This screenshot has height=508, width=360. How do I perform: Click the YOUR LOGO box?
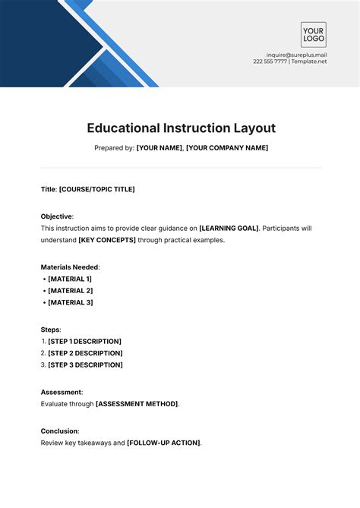click(x=313, y=35)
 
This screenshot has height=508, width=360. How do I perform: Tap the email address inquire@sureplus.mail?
click(x=296, y=55)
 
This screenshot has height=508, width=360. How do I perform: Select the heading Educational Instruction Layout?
click(x=181, y=128)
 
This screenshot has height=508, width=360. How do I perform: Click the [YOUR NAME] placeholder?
click(x=159, y=148)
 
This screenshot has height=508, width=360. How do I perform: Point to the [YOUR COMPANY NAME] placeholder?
click(x=227, y=148)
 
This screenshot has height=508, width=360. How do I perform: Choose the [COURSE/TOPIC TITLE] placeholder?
click(x=97, y=189)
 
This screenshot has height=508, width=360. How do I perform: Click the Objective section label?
click(x=56, y=216)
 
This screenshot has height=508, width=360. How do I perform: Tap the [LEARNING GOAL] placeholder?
click(x=229, y=228)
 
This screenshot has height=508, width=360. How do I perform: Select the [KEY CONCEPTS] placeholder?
click(x=107, y=240)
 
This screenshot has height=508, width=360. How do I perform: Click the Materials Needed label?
click(x=70, y=267)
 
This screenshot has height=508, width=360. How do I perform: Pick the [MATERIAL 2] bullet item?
click(x=70, y=291)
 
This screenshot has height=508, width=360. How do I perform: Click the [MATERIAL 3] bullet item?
click(x=70, y=303)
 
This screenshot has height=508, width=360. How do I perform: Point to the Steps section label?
click(x=50, y=330)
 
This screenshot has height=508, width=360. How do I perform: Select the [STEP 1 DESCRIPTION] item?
click(x=84, y=342)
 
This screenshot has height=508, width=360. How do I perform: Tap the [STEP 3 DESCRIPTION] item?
click(x=85, y=365)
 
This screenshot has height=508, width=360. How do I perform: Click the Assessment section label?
click(x=62, y=393)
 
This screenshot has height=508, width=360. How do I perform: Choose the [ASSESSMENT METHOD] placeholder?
click(x=137, y=405)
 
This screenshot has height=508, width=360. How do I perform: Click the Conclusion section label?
click(x=59, y=431)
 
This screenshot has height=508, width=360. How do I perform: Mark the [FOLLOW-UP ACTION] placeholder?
click(x=164, y=443)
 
